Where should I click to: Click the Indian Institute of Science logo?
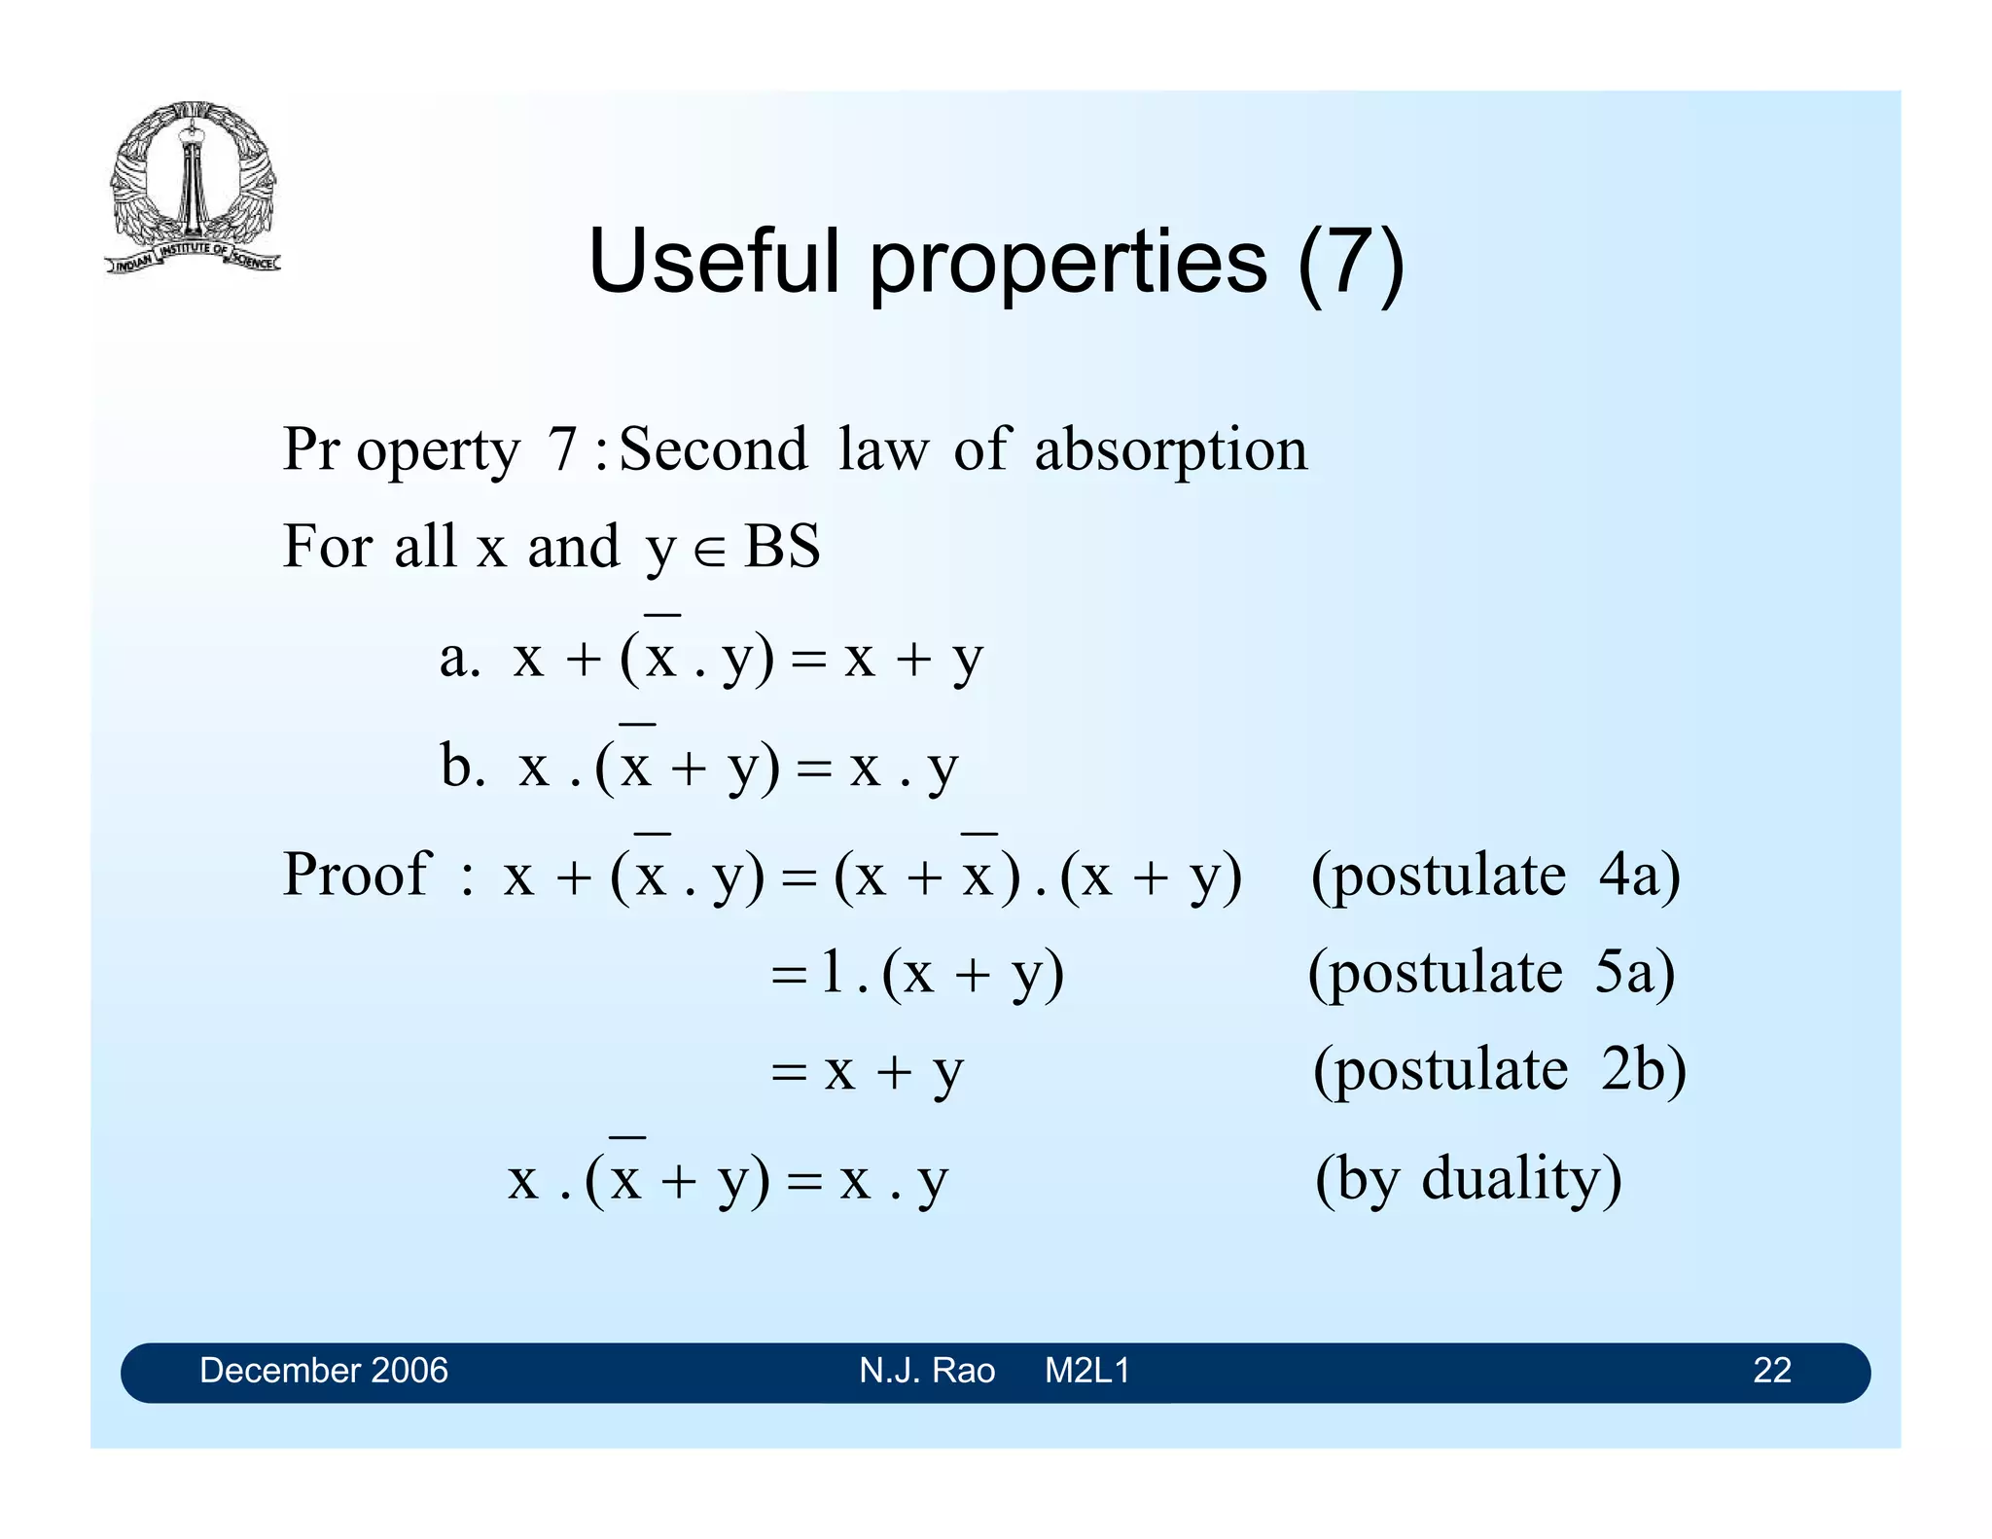[x=193, y=187]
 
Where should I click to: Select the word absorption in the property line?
[x=1170, y=449]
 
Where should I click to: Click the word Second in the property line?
[x=713, y=449]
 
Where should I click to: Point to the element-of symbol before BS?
[x=709, y=551]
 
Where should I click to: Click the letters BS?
[x=781, y=547]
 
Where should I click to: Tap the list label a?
[x=459, y=659]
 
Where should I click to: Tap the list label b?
[x=462, y=766]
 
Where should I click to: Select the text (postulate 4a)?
[x=1495, y=876]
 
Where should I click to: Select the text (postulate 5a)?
[x=1491, y=973]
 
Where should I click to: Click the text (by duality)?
[x=1468, y=1179]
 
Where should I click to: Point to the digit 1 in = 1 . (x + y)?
[x=832, y=971]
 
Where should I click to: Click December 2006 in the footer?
[x=323, y=1371]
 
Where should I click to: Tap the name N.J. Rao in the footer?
[x=926, y=1371]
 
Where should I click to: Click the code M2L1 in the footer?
[x=1086, y=1371]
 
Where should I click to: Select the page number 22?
[x=1771, y=1371]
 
